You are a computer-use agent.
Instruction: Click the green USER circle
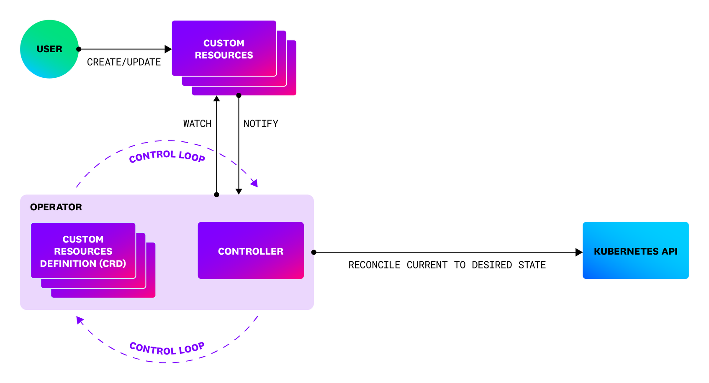pyautogui.click(x=49, y=49)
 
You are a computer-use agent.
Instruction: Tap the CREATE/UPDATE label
pyautogui.click(x=124, y=62)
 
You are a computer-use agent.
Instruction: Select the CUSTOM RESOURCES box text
pyautogui.click(x=224, y=49)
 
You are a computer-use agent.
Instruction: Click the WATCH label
pyautogui.click(x=197, y=124)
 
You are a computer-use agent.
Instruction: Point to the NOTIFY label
pyautogui.click(x=261, y=124)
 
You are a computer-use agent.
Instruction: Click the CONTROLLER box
pyautogui.click(x=251, y=251)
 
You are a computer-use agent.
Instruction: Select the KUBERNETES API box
pyautogui.click(x=635, y=251)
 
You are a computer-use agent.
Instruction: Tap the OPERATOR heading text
pyautogui.click(x=56, y=207)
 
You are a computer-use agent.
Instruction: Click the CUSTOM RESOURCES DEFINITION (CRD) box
pyautogui.click(x=83, y=251)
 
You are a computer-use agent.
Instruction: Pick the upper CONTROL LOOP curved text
pyautogui.click(x=167, y=156)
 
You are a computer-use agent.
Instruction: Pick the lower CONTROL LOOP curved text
pyautogui.click(x=167, y=348)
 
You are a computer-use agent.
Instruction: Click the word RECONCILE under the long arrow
pyautogui.click(x=374, y=265)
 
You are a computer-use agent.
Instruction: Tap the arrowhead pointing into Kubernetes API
pyautogui.click(x=579, y=252)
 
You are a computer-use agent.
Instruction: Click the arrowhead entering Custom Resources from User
pyautogui.click(x=168, y=49)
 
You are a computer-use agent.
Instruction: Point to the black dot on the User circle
pyautogui.click(x=79, y=49)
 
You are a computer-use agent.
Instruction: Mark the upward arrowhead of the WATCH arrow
pyautogui.click(x=216, y=99)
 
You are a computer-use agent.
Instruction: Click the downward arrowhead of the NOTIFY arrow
pyautogui.click(x=239, y=191)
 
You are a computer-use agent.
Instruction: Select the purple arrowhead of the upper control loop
pyautogui.click(x=254, y=183)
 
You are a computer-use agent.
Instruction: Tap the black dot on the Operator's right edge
pyautogui.click(x=314, y=252)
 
